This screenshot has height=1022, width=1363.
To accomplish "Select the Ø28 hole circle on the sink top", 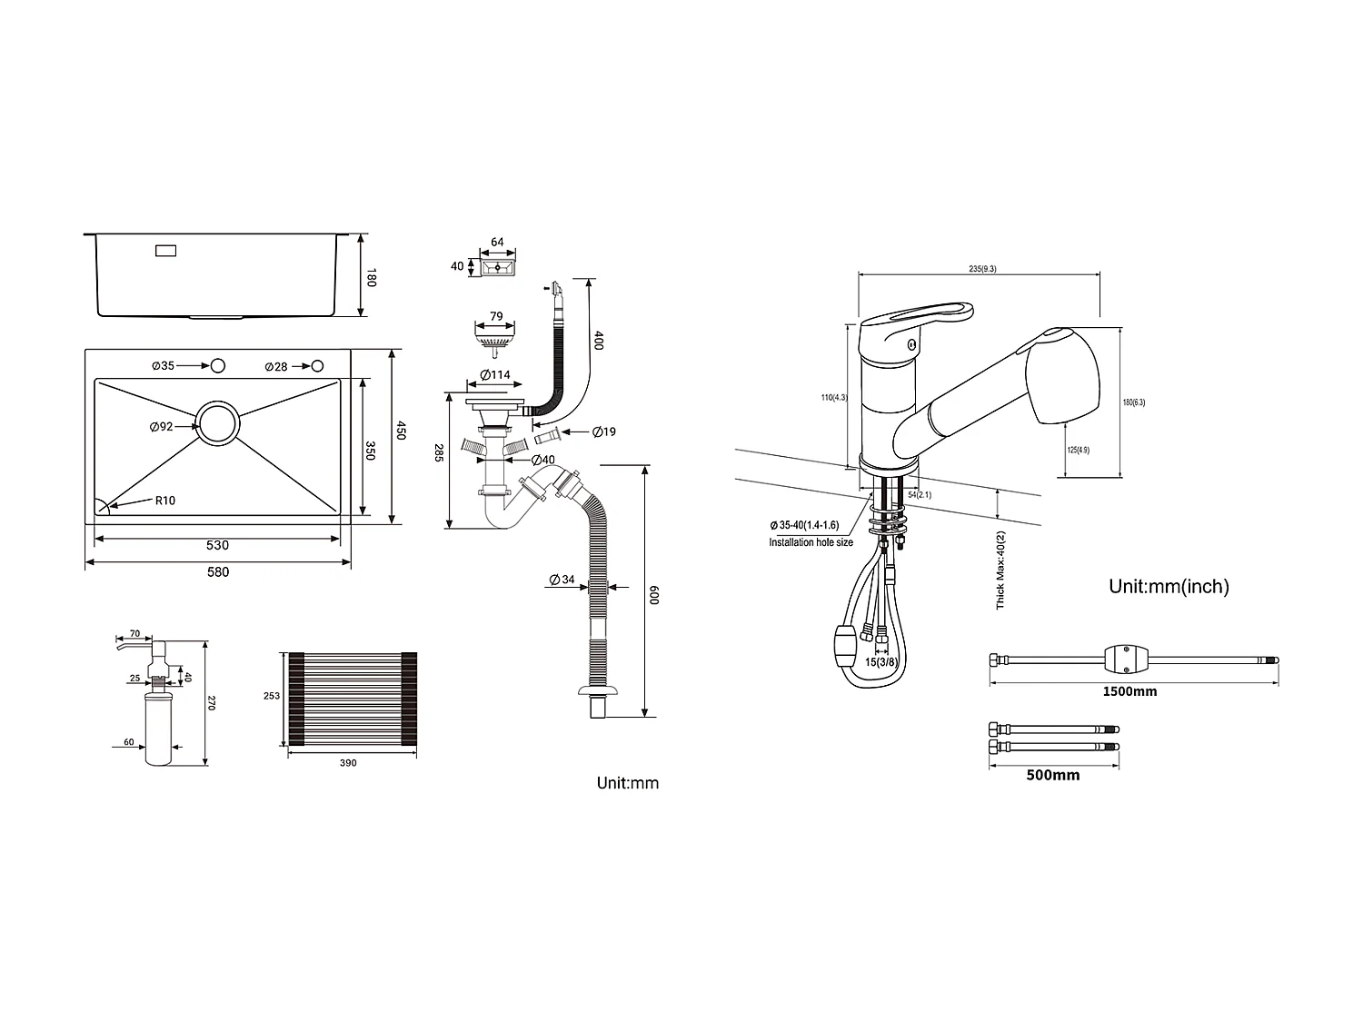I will click(x=316, y=365).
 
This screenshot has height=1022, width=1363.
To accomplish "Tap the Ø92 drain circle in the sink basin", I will click(x=219, y=424).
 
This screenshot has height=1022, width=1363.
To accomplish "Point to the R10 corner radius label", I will click(x=164, y=500).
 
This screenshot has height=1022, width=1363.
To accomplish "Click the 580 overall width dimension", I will click(x=218, y=571).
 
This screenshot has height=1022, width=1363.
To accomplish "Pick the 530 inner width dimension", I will click(x=218, y=545).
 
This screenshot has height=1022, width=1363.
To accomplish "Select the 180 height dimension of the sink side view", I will click(x=371, y=277).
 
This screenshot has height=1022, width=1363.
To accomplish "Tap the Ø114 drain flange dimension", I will click(x=495, y=375).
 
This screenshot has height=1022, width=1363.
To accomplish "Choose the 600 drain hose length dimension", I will click(x=654, y=595).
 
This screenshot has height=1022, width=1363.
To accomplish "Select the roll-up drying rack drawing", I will click(x=351, y=698).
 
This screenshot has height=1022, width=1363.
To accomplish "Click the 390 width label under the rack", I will click(x=348, y=763).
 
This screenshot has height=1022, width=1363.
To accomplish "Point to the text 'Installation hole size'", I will click(x=811, y=542).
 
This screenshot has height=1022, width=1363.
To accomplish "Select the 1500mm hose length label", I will click(x=1129, y=691).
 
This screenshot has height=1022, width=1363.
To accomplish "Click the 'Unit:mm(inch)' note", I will click(x=1169, y=587).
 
